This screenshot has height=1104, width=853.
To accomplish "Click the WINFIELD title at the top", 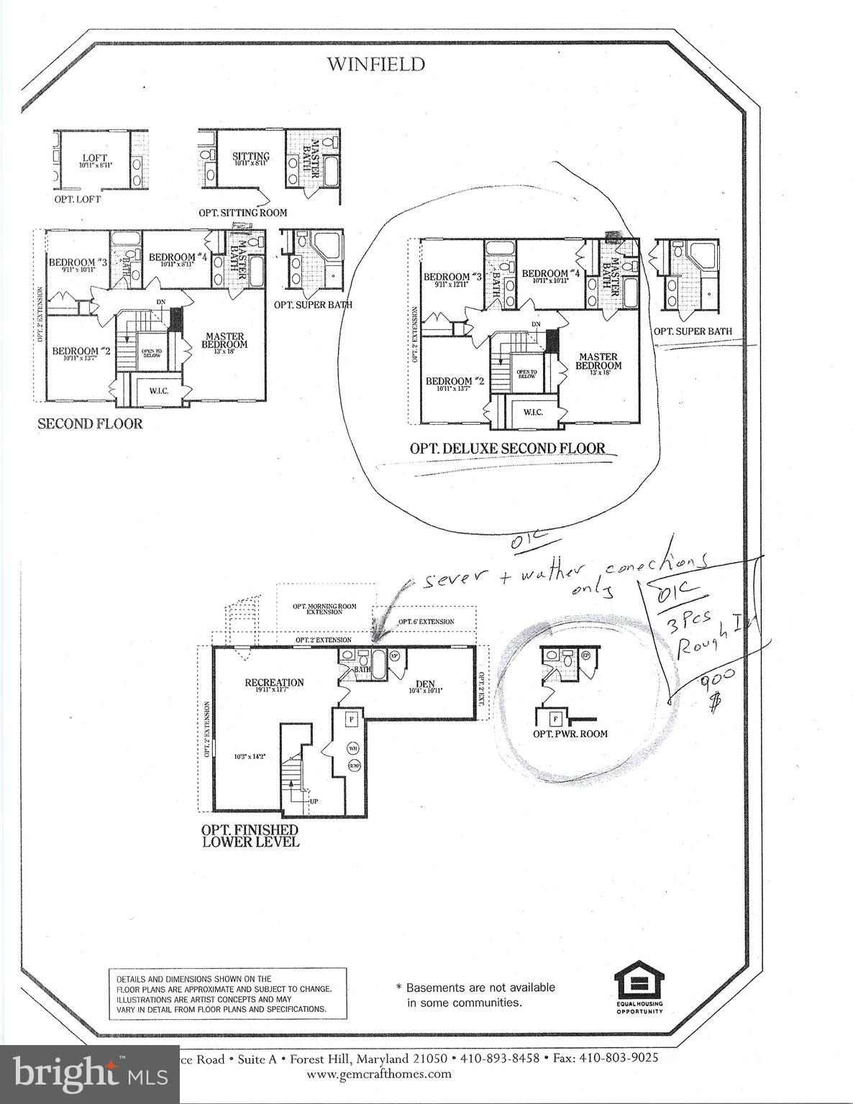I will [x=376, y=65].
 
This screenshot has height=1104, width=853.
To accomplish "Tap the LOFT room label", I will [x=94, y=158].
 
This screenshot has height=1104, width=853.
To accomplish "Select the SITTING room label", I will [x=251, y=157].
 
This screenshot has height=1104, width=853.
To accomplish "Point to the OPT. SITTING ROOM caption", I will [x=243, y=213].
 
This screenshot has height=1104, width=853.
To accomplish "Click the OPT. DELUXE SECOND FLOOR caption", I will [x=507, y=448].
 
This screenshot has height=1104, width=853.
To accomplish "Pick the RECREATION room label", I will [x=274, y=682].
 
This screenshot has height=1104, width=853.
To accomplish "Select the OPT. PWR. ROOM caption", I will [x=570, y=734].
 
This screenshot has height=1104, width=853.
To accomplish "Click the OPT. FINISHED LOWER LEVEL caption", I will [x=250, y=835].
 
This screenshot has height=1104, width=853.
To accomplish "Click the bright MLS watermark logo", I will [x=90, y=1075].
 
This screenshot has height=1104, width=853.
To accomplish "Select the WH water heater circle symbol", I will [x=353, y=747].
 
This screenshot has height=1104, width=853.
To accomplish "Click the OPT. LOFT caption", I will [x=78, y=199].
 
